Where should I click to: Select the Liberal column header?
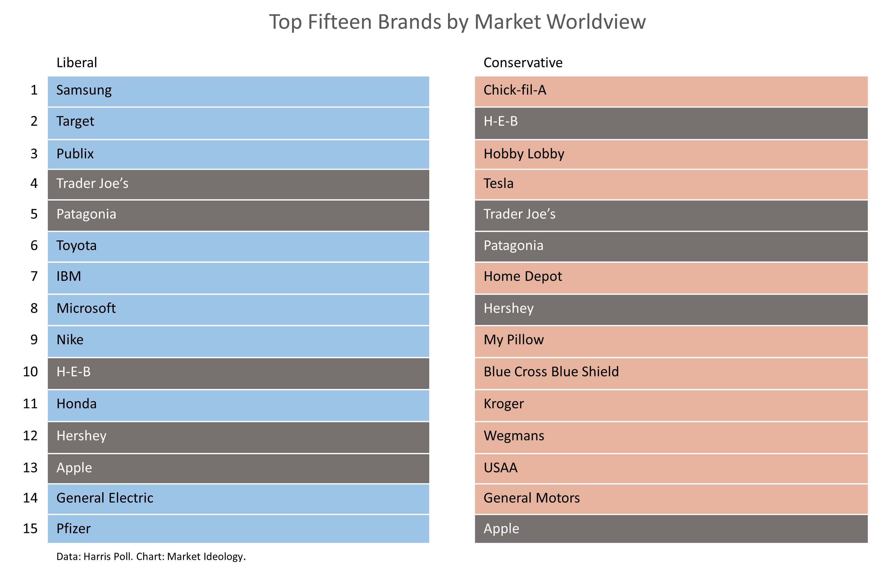coord(77,63)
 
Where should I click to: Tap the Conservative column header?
coord(522,63)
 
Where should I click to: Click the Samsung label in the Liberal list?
coord(84,90)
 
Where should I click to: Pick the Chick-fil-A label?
coord(514,90)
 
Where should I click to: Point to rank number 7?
coord(34,276)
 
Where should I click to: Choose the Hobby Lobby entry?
coord(524,154)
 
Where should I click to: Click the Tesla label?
coord(498,183)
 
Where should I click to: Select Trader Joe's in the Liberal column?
coord(92,183)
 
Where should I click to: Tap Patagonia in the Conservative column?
coord(513,246)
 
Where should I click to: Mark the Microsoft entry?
coord(86,308)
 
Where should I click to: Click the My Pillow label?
coord(513,340)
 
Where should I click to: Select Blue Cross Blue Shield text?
coord(551,372)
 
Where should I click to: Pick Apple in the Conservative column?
coord(501,529)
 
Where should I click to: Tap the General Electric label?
coord(105,498)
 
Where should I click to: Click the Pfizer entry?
coord(73,529)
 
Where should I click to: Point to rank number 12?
coord(30,436)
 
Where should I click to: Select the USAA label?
coord(500,468)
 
